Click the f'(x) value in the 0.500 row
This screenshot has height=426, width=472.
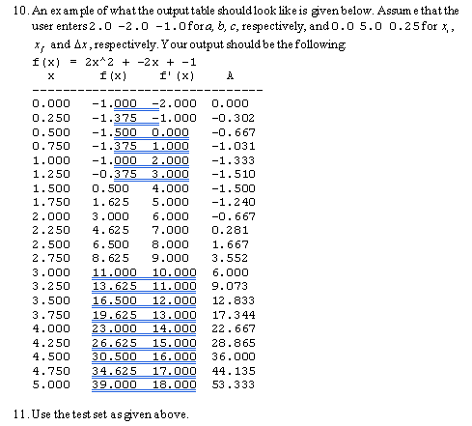coord(174,131)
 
